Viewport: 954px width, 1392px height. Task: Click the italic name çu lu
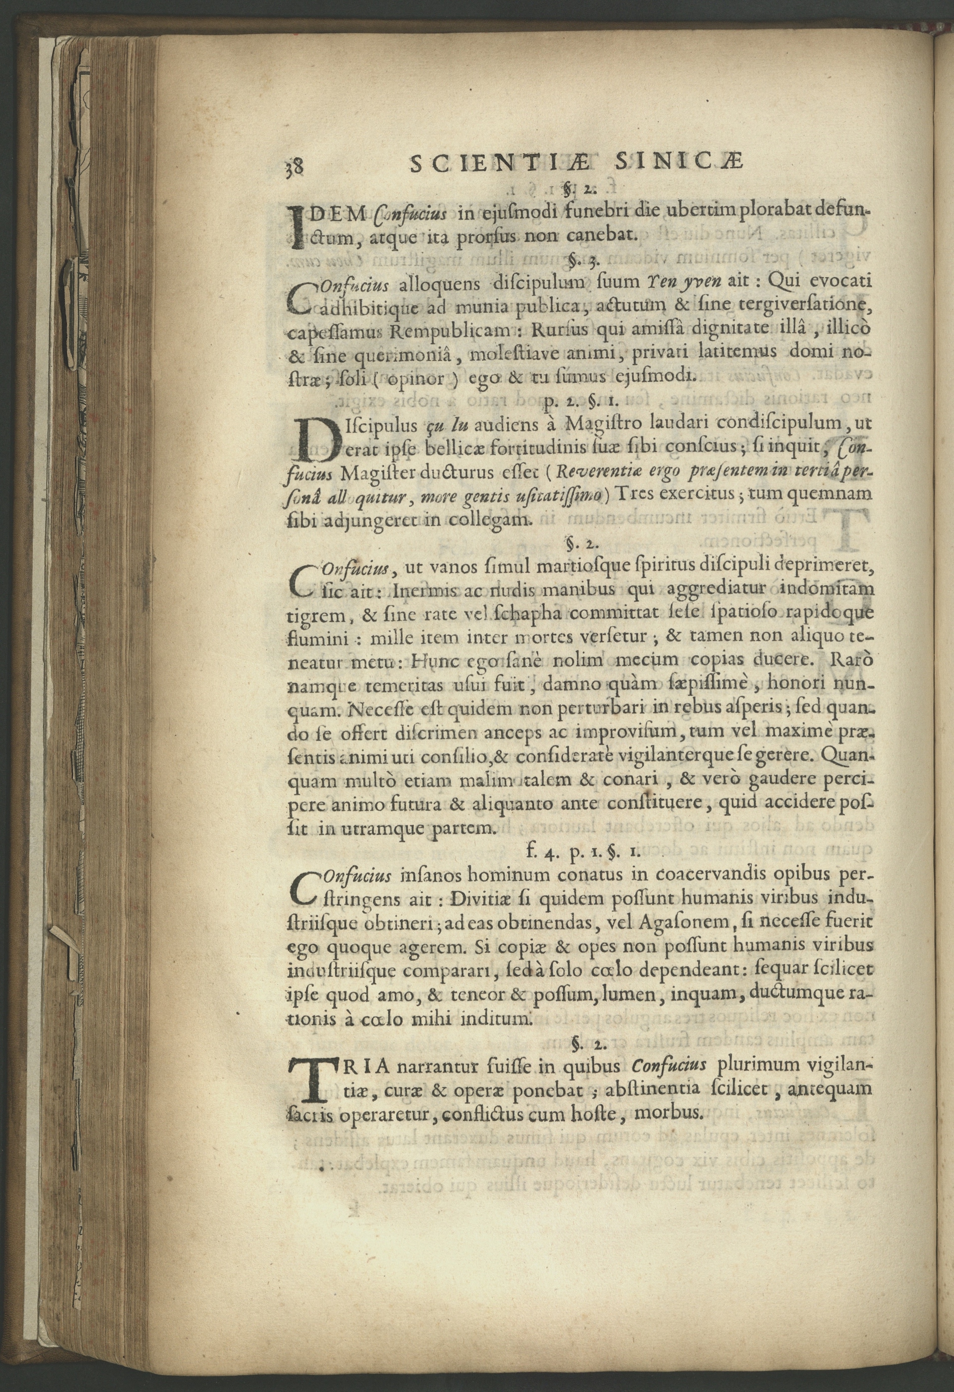coord(445,425)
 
